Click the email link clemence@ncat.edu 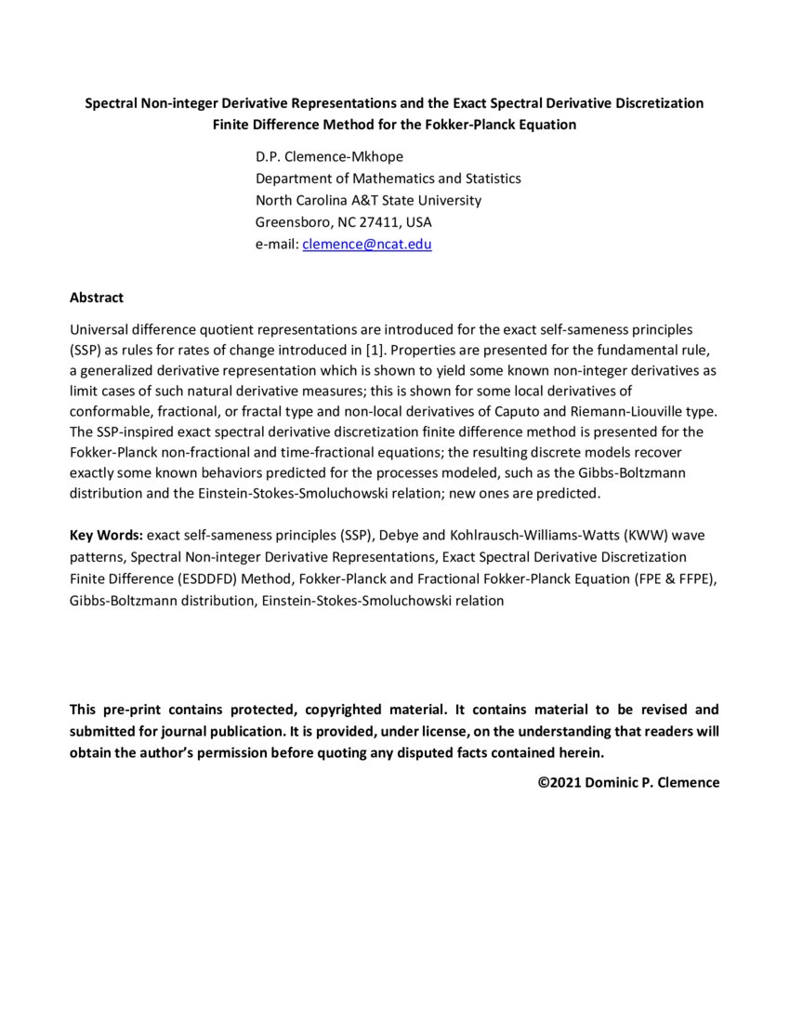(x=367, y=245)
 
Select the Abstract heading (x=97, y=298)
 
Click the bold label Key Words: (x=105, y=536)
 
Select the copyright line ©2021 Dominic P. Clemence (x=628, y=782)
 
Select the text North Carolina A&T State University (x=368, y=200)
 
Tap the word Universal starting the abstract (x=97, y=330)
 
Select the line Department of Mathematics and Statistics (x=388, y=178)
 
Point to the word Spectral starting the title (x=112, y=103)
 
